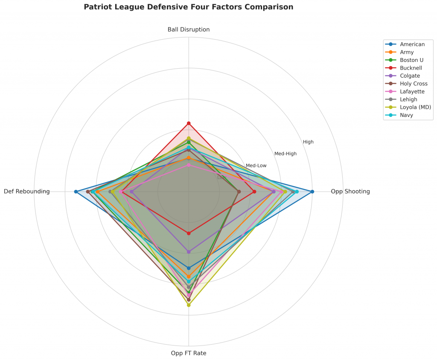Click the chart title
[189, 7]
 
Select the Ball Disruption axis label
[189, 29]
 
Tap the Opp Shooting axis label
[350, 192]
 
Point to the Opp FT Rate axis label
[189, 353]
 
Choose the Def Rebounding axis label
[27, 192]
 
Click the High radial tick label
[308, 142]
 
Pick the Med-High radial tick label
[285, 154]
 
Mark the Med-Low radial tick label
[256, 165]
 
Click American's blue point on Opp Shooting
[312, 192]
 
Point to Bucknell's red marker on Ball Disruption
[189, 123]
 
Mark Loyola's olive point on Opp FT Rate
[189, 305]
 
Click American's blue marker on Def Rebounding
[76, 192]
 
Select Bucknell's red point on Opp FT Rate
[189, 233]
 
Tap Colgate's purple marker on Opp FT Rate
[189, 252]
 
